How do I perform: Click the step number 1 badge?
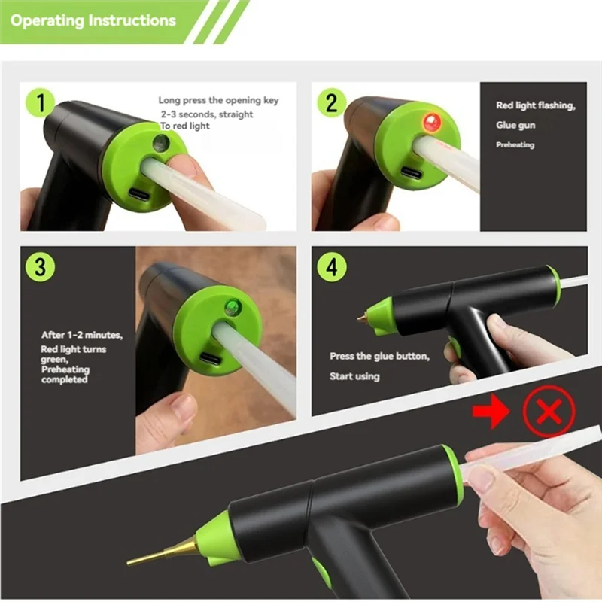tap(39, 104)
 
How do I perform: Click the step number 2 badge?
tap(331, 102)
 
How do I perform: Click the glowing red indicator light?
tap(431, 121)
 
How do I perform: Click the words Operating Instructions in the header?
tap(93, 20)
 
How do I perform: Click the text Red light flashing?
tap(535, 106)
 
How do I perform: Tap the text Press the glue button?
tap(379, 357)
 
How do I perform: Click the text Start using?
tap(354, 376)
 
